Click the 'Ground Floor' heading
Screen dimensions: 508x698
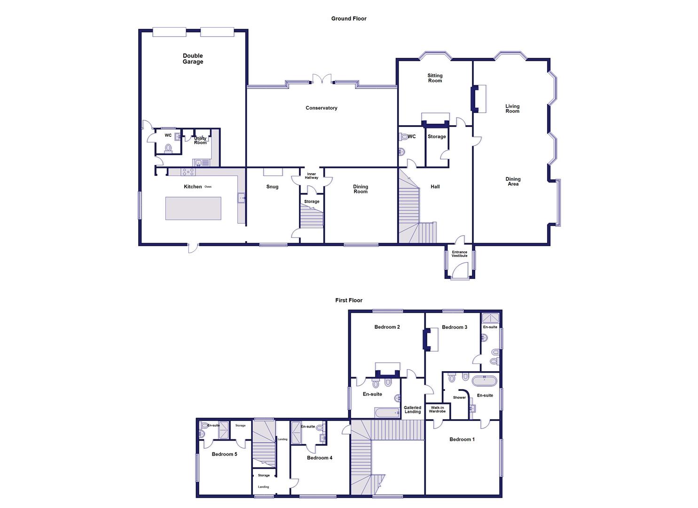tap(349, 19)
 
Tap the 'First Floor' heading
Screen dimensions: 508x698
tap(349, 300)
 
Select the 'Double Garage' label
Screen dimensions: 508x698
tap(193, 59)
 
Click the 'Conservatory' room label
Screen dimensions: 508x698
tap(322, 108)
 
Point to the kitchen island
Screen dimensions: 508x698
tap(193, 208)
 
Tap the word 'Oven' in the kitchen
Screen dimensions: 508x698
tap(208, 187)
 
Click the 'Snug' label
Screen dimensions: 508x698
tap(272, 187)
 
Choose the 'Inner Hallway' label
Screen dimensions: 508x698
tap(312, 176)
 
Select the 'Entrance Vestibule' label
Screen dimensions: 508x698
tap(460, 254)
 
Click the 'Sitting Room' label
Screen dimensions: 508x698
tap(435, 78)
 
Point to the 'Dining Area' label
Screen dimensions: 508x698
tap(513, 182)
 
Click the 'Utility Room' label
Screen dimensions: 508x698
tap(200, 141)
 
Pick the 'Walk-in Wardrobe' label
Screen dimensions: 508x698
tap(437, 409)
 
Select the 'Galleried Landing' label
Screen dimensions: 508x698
tap(413, 410)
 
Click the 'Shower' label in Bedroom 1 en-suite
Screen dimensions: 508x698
tap(459, 397)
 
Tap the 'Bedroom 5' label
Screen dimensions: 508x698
tap(224, 454)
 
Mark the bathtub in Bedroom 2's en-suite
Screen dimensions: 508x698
tap(387, 413)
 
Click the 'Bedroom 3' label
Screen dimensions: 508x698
tap(454, 327)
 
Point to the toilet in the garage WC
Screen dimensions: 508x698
tap(168, 149)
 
